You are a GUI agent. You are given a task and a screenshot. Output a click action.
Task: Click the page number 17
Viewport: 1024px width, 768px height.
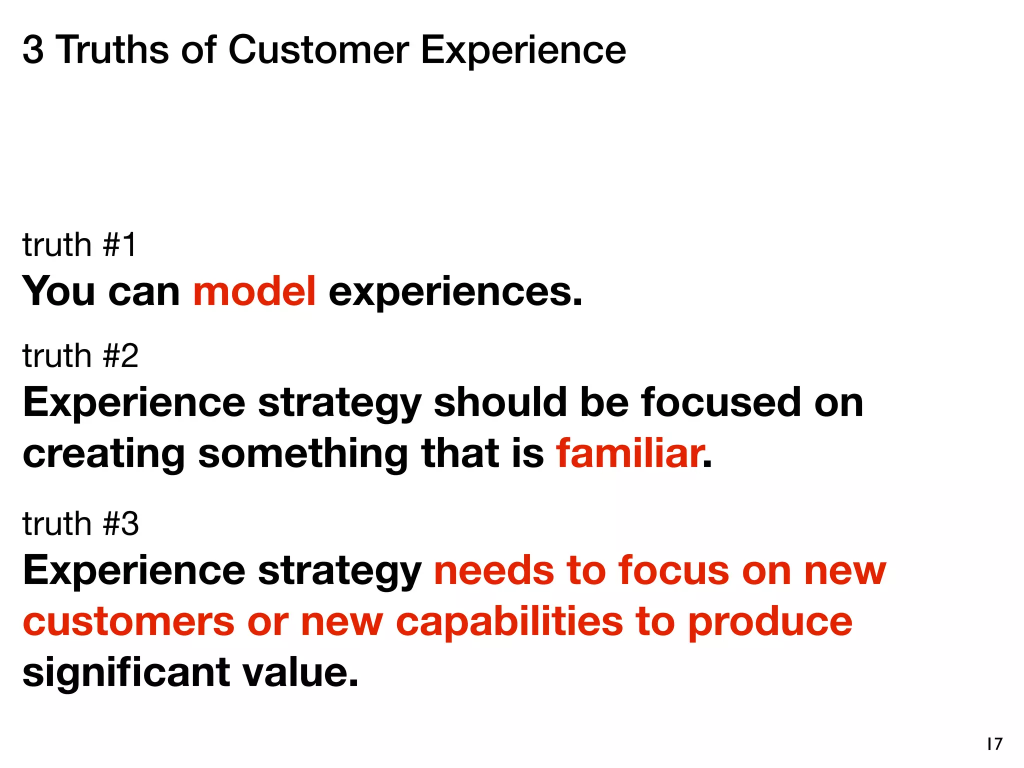994,744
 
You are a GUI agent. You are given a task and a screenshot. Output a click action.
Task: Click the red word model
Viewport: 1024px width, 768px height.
254,291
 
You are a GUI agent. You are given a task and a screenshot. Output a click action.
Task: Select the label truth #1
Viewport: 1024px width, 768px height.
79,245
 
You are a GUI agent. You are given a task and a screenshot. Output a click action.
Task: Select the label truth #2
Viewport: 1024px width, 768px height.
80,356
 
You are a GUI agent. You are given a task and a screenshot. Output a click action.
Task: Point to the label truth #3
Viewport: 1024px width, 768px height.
80,524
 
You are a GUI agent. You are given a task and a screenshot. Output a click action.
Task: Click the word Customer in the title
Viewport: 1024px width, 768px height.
318,50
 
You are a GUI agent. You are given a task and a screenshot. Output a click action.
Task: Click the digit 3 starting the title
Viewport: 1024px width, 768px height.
33,50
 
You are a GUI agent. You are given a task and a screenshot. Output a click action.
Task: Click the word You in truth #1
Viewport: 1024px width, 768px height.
58,291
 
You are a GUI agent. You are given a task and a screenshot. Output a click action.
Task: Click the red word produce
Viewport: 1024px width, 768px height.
770,623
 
